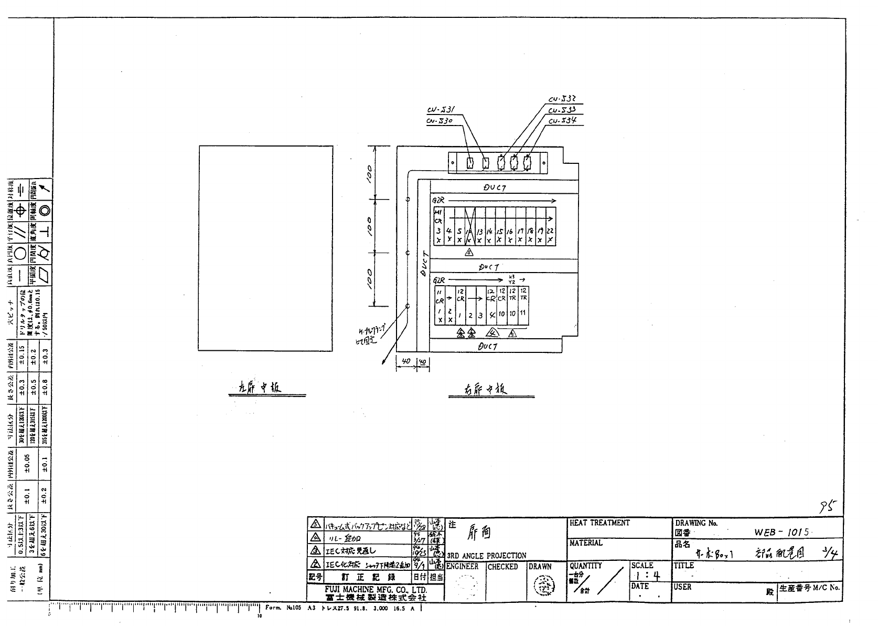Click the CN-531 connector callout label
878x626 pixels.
[441, 110]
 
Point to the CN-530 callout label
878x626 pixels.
[439, 121]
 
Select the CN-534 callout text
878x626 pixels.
[562, 121]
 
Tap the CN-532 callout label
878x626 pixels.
[562, 99]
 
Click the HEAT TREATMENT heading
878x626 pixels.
[599, 523]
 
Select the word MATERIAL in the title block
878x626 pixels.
[586, 543]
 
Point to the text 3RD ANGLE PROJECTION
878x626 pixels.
[486, 556]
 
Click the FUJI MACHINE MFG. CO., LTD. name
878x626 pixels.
[375, 590]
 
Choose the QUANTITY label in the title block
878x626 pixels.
[585, 566]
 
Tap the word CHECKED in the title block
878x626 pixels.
[502, 567]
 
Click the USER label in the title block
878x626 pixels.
[683, 587]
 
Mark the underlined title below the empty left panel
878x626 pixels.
[258, 388]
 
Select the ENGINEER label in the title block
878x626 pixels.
[462, 567]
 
